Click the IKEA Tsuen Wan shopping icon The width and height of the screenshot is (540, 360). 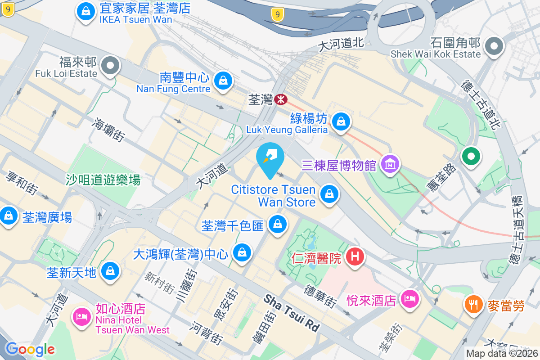click(85, 11)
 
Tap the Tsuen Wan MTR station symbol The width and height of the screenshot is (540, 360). click(281, 99)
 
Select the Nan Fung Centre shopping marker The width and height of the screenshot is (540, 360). click(223, 81)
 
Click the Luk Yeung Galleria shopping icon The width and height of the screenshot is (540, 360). click(341, 121)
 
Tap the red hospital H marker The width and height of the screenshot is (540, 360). click(355, 257)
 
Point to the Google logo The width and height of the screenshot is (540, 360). click(30, 349)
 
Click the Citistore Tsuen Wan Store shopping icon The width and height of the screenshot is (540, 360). click(329, 194)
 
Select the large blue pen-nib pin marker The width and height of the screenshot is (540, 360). click(270, 158)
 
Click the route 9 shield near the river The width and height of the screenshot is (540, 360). click(278, 15)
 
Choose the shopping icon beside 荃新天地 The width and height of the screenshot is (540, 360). click(109, 271)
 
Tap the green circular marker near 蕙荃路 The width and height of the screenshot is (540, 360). click(471, 156)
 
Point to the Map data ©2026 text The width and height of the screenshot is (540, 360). click(502, 354)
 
